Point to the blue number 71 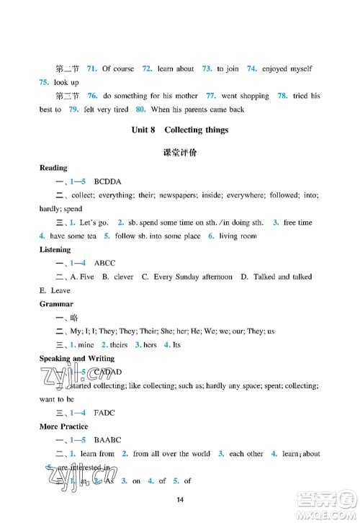(91, 69)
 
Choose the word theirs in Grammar (118, 345)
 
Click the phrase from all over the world (171, 454)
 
